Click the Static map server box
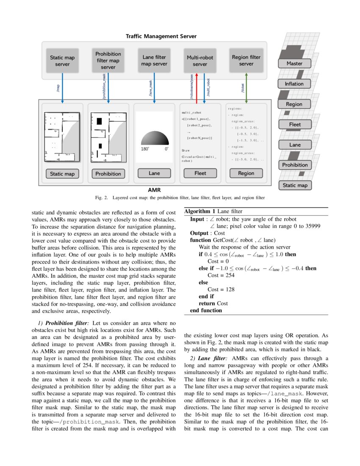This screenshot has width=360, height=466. [62, 61]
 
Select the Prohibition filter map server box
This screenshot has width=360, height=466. [108, 60]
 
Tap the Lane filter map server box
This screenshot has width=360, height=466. [154, 61]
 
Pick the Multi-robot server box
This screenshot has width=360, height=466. [200, 61]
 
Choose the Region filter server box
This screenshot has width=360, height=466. [246, 61]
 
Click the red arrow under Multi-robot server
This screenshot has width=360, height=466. [197, 87]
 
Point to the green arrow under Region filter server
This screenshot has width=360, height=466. [246, 87]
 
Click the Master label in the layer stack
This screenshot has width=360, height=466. [294, 64]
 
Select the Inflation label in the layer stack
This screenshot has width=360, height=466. [294, 84]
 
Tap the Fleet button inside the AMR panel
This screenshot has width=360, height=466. [200, 173]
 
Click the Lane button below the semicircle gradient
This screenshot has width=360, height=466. [154, 173]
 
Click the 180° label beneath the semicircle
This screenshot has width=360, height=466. [144, 149]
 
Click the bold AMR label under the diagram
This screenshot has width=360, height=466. [154, 190]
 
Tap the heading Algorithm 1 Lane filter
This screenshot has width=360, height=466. [213, 211]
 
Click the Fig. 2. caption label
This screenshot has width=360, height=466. [101, 197]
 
